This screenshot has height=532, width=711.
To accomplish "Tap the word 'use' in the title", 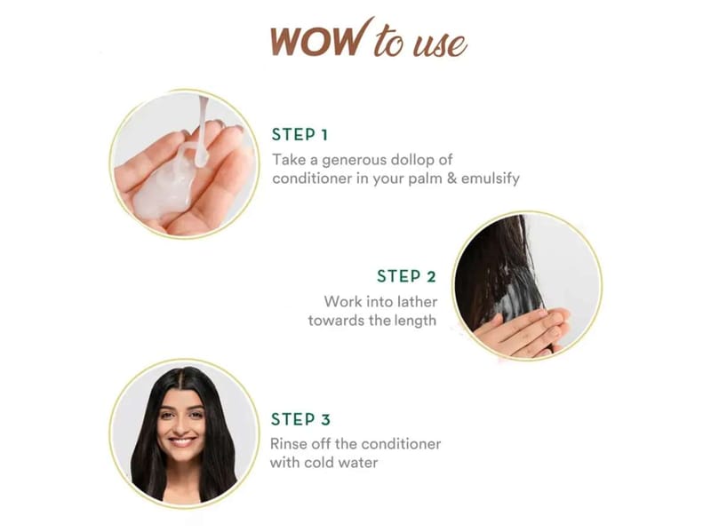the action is pos(439,45).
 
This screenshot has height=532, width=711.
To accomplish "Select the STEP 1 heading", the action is pos(300,135).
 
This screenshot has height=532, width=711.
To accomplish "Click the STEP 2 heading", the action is pos(406,276).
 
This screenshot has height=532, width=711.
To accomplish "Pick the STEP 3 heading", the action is pos(300,419).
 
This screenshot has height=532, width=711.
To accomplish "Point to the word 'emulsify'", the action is pos(491,179).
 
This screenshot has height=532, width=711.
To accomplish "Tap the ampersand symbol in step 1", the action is pos(451,179).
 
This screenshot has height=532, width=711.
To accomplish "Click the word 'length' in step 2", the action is pos(414,321).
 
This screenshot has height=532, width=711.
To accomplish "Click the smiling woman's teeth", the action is pos(182,440).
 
